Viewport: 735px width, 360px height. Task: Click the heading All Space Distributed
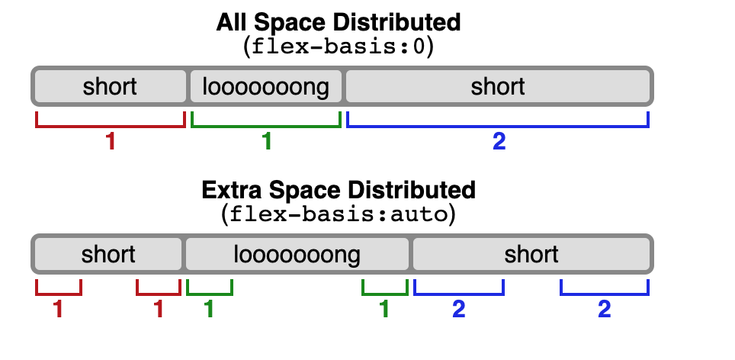coord(339,22)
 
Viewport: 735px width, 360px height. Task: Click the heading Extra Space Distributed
coord(339,189)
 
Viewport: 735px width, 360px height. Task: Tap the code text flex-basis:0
coord(339,47)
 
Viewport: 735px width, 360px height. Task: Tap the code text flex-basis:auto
coord(339,214)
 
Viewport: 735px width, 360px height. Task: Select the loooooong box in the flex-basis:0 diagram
coord(266,87)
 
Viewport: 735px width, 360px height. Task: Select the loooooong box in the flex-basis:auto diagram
coord(297,254)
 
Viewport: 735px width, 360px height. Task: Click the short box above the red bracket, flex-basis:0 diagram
coord(111,87)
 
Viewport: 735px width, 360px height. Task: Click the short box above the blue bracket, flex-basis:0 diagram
coord(498,87)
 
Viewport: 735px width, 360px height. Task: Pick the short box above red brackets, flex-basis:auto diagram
coord(108,254)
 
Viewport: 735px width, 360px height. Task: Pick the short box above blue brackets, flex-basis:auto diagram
coord(531,254)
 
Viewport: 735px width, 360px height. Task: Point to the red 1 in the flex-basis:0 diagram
coord(111,142)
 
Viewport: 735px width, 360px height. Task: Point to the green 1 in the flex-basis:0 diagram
coord(266,142)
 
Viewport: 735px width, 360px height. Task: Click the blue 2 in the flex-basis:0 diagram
coord(499,142)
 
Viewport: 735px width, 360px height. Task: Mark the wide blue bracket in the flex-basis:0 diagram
coord(498,124)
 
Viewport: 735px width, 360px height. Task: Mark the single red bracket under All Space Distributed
coord(111,124)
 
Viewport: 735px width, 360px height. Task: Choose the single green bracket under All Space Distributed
coord(266,124)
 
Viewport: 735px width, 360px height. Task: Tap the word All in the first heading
coord(230,22)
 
